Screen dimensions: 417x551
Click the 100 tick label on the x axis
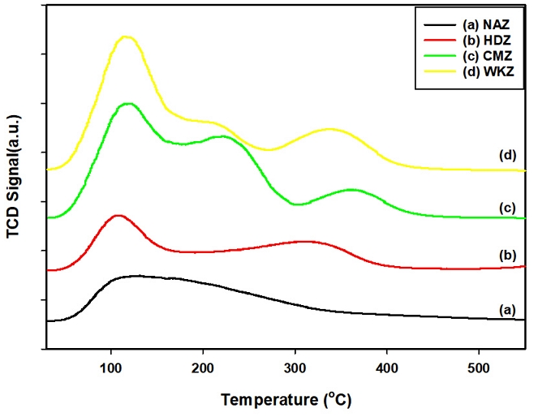point(111,363)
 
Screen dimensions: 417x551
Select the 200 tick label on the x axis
point(203,363)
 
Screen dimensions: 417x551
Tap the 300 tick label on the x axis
point(295,363)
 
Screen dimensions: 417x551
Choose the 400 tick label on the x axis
point(386,363)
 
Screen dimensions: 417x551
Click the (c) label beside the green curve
point(508,208)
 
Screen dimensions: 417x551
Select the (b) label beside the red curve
point(508,255)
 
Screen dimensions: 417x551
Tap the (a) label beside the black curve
point(508,309)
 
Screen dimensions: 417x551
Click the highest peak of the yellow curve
point(125,37)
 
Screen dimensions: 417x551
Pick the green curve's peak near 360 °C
point(351,190)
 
